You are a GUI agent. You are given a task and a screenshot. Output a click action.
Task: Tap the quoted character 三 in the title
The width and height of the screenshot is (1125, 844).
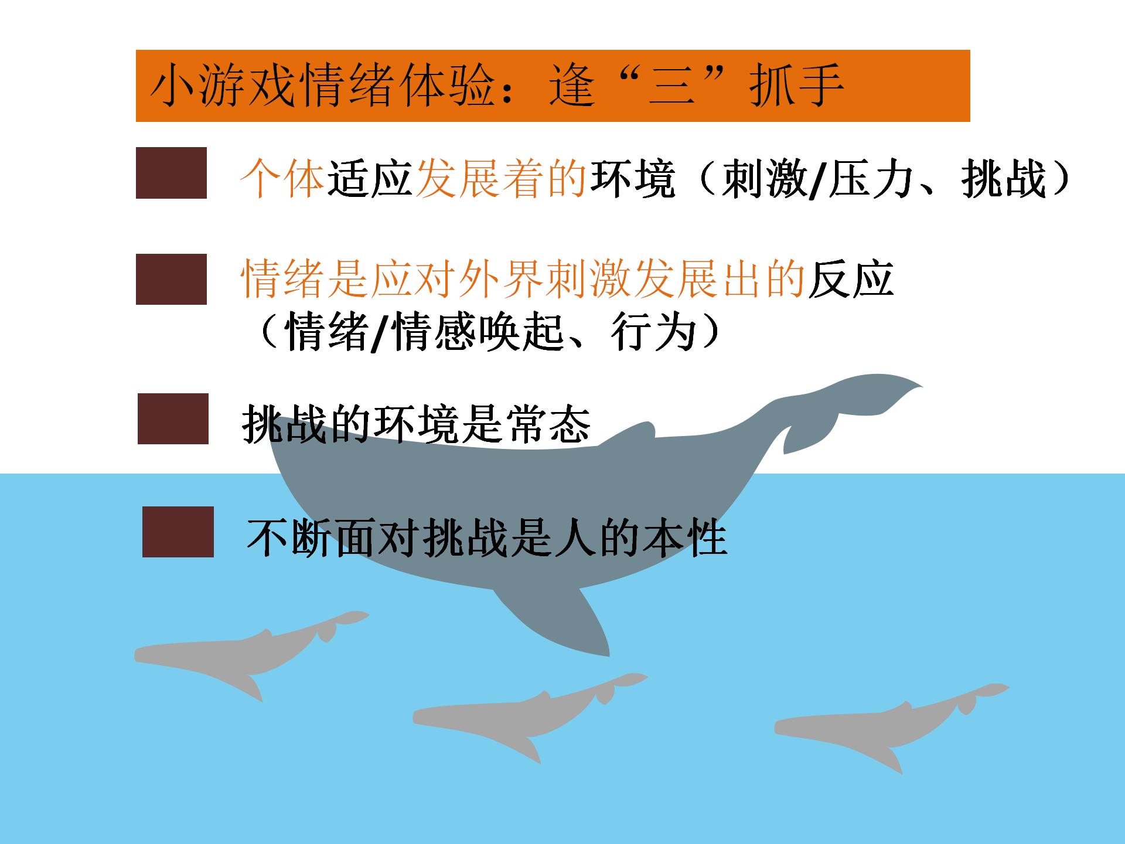tap(672, 86)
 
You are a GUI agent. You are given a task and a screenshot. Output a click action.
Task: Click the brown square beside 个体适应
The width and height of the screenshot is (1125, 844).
tap(171, 173)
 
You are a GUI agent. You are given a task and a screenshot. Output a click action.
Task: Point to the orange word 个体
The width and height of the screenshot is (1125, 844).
tap(282, 178)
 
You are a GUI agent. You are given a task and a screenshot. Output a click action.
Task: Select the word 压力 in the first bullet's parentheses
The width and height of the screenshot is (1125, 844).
tap(870, 178)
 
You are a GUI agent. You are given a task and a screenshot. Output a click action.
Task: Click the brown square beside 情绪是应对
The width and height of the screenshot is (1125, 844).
tap(171, 279)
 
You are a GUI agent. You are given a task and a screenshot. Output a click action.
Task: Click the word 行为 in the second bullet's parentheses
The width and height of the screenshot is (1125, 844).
tap(653, 332)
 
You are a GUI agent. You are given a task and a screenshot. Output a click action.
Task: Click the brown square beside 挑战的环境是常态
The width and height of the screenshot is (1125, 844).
tap(173, 418)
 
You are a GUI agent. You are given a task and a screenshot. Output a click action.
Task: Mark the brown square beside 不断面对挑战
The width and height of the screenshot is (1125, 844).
tap(178, 532)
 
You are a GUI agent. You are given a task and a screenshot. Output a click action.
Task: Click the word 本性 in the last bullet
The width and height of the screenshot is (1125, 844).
tap(684, 537)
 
